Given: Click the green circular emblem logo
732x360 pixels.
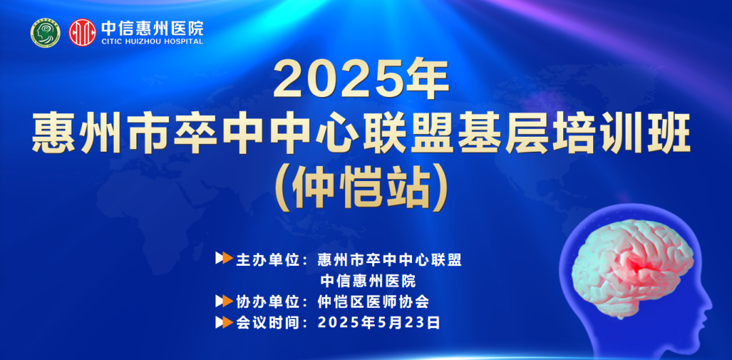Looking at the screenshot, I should (x=45, y=32).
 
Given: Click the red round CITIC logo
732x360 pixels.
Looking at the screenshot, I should (x=83, y=32).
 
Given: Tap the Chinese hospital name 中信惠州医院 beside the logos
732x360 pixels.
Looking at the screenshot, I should (x=152, y=28).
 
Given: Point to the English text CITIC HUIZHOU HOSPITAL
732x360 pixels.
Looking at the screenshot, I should (x=152, y=41).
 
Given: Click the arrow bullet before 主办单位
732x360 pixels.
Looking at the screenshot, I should (x=224, y=259).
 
